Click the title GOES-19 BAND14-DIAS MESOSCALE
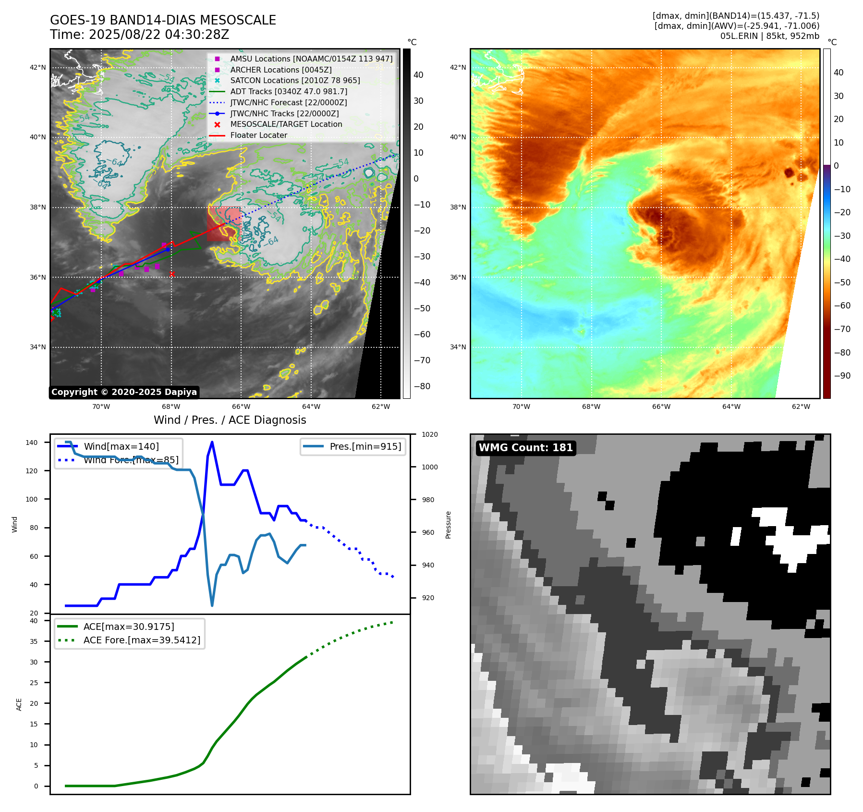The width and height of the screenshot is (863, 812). point(163,20)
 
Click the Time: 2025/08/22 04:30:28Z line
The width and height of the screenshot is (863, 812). point(139,35)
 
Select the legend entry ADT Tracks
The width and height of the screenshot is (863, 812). point(288,91)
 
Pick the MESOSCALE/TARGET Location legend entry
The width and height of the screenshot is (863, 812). point(286,124)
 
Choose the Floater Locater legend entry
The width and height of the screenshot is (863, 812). point(258,135)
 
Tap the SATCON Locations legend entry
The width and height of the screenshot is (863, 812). point(295,80)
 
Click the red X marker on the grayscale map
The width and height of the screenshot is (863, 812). point(172,274)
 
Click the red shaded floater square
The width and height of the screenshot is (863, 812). point(224,224)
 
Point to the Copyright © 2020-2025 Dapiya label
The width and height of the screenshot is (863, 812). point(124,392)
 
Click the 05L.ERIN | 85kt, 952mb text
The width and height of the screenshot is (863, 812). point(769,36)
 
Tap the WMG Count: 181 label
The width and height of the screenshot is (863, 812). point(526,448)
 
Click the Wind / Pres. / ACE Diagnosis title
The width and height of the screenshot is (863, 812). point(230,420)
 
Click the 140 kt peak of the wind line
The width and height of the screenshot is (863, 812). point(212,442)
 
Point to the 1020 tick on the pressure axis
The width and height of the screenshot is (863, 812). point(429,434)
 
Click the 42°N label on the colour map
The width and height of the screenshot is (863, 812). point(458,67)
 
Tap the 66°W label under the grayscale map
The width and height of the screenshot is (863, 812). point(241,406)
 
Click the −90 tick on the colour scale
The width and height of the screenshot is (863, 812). point(842,376)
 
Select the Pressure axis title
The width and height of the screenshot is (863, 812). point(448,525)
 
